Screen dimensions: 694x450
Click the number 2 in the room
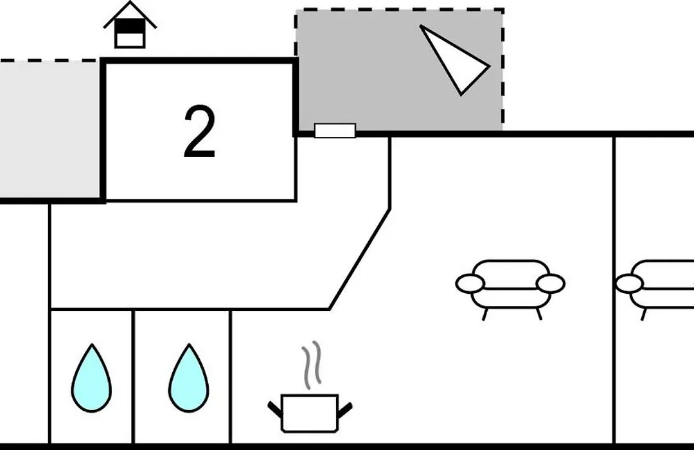pos(200,132)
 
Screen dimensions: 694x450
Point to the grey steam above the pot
pos(312,364)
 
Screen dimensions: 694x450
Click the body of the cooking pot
pos(310,413)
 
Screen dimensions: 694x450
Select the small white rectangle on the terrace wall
pos(335,130)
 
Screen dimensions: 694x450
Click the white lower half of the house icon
pos(130,40)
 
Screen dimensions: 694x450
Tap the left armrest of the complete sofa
pos(470,283)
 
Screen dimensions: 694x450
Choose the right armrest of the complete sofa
pos(550,283)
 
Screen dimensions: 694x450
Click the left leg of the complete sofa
pos(485,314)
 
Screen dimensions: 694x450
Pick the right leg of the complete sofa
pos(538,314)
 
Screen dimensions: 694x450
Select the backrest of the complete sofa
pos(511,270)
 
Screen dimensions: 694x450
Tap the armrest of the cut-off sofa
pos(629,283)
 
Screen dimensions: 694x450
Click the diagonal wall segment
pos(359,259)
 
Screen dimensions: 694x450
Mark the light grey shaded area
pos(49,130)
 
